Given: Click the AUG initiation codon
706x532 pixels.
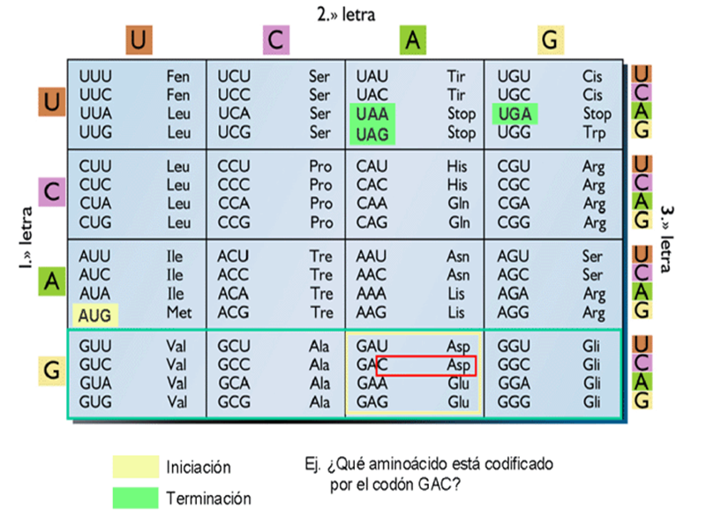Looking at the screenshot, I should (x=94, y=313).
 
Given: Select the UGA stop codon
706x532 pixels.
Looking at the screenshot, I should (x=513, y=114).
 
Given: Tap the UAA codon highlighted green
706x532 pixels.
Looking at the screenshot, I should (x=373, y=114).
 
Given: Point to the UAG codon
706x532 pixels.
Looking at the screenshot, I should (x=373, y=133).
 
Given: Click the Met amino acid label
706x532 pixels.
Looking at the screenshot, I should (x=177, y=313).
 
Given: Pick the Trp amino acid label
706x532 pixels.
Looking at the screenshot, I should (x=593, y=133).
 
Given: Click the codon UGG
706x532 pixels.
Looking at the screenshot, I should (x=514, y=133).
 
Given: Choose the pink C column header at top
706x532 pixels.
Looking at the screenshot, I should (x=276, y=40).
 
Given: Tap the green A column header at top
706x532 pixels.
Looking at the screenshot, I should (x=413, y=40).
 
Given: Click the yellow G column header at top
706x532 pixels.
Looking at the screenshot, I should (x=550, y=40).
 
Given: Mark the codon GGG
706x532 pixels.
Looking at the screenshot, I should (x=514, y=401).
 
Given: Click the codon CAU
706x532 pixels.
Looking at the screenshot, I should (x=372, y=166).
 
